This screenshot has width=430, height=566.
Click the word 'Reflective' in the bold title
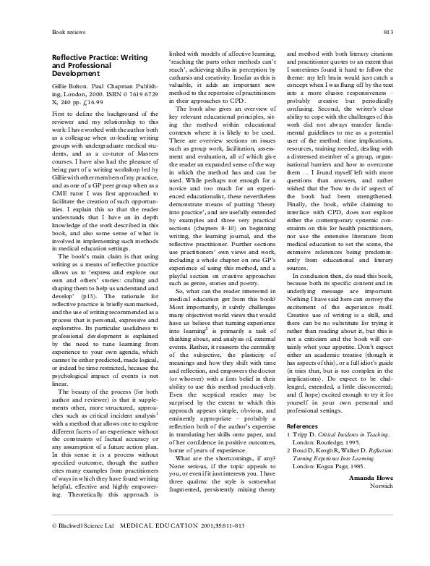pyautogui.click(x=72, y=57)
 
